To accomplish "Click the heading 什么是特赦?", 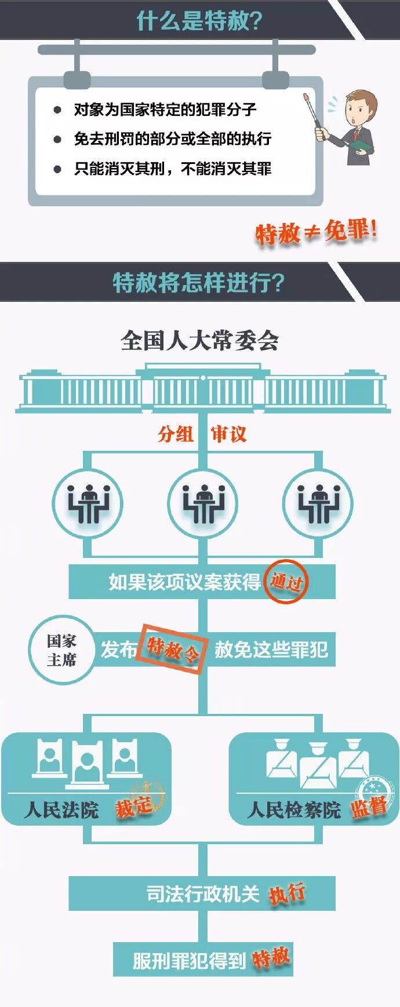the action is [x=199, y=21].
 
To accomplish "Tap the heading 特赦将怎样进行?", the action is [x=198, y=282].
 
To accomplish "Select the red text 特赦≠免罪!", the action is [x=316, y=232].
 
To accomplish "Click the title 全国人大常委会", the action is [x=199, y=340].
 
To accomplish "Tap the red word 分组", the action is [x=175, y=433].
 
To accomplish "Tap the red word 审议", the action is [x=228, y=433].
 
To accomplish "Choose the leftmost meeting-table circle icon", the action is [x=88, y=502].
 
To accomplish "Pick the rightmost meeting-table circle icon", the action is [x=317, y=502].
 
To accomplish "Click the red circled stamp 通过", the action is [x=286, y=581].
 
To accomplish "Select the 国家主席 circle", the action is [x=61, y=650].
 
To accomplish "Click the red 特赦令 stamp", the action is [x=173, y=649].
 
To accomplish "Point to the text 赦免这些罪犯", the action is [x=271, y=650].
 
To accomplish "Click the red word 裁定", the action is [x=134, y=807].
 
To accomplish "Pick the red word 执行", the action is [x=287, y=893].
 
